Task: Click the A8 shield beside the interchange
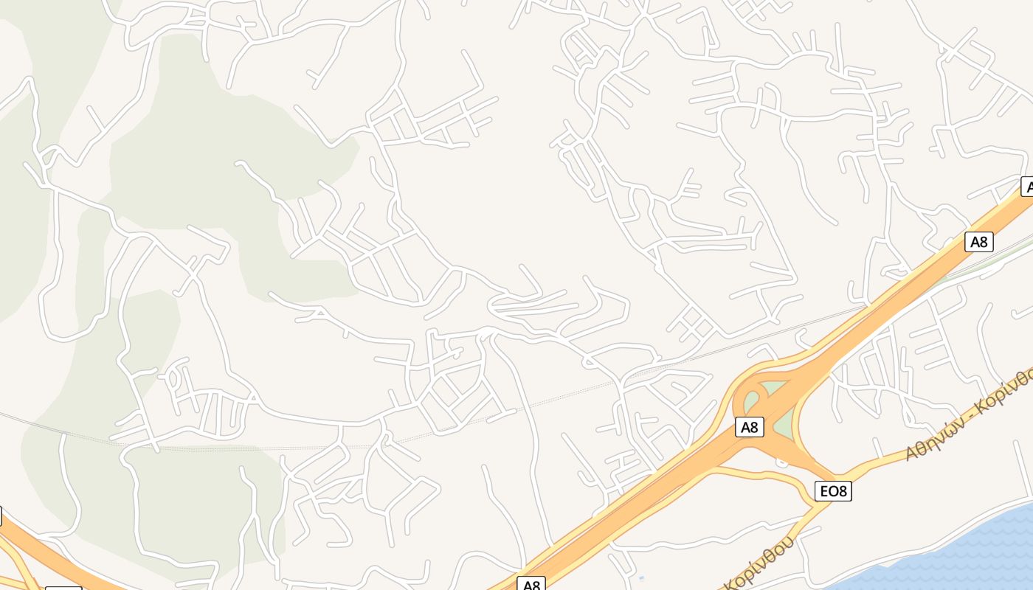tap(749, 427)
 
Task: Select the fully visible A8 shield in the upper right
tap(978, 241)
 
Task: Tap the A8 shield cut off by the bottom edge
tap(531, 584)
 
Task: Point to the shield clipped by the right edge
tap(1026, 187)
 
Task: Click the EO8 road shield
tap(833, 491)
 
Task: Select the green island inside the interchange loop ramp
tap(751, 402)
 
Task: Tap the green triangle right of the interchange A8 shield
tap(785, 424)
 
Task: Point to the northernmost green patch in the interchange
tap(772, 388)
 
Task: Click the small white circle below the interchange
tap(782, 462)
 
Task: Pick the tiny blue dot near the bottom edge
tap(640, 578)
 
